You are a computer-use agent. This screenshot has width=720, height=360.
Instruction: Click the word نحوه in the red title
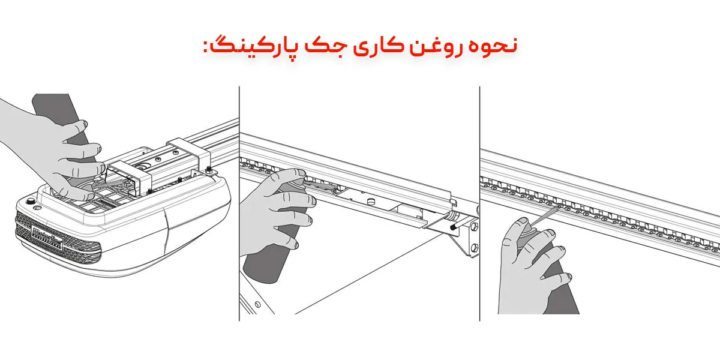489,46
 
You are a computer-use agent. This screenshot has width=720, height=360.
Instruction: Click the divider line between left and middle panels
239,204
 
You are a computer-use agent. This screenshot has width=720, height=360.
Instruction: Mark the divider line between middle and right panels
479,204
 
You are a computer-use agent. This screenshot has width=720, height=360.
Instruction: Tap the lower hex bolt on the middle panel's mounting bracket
474,246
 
